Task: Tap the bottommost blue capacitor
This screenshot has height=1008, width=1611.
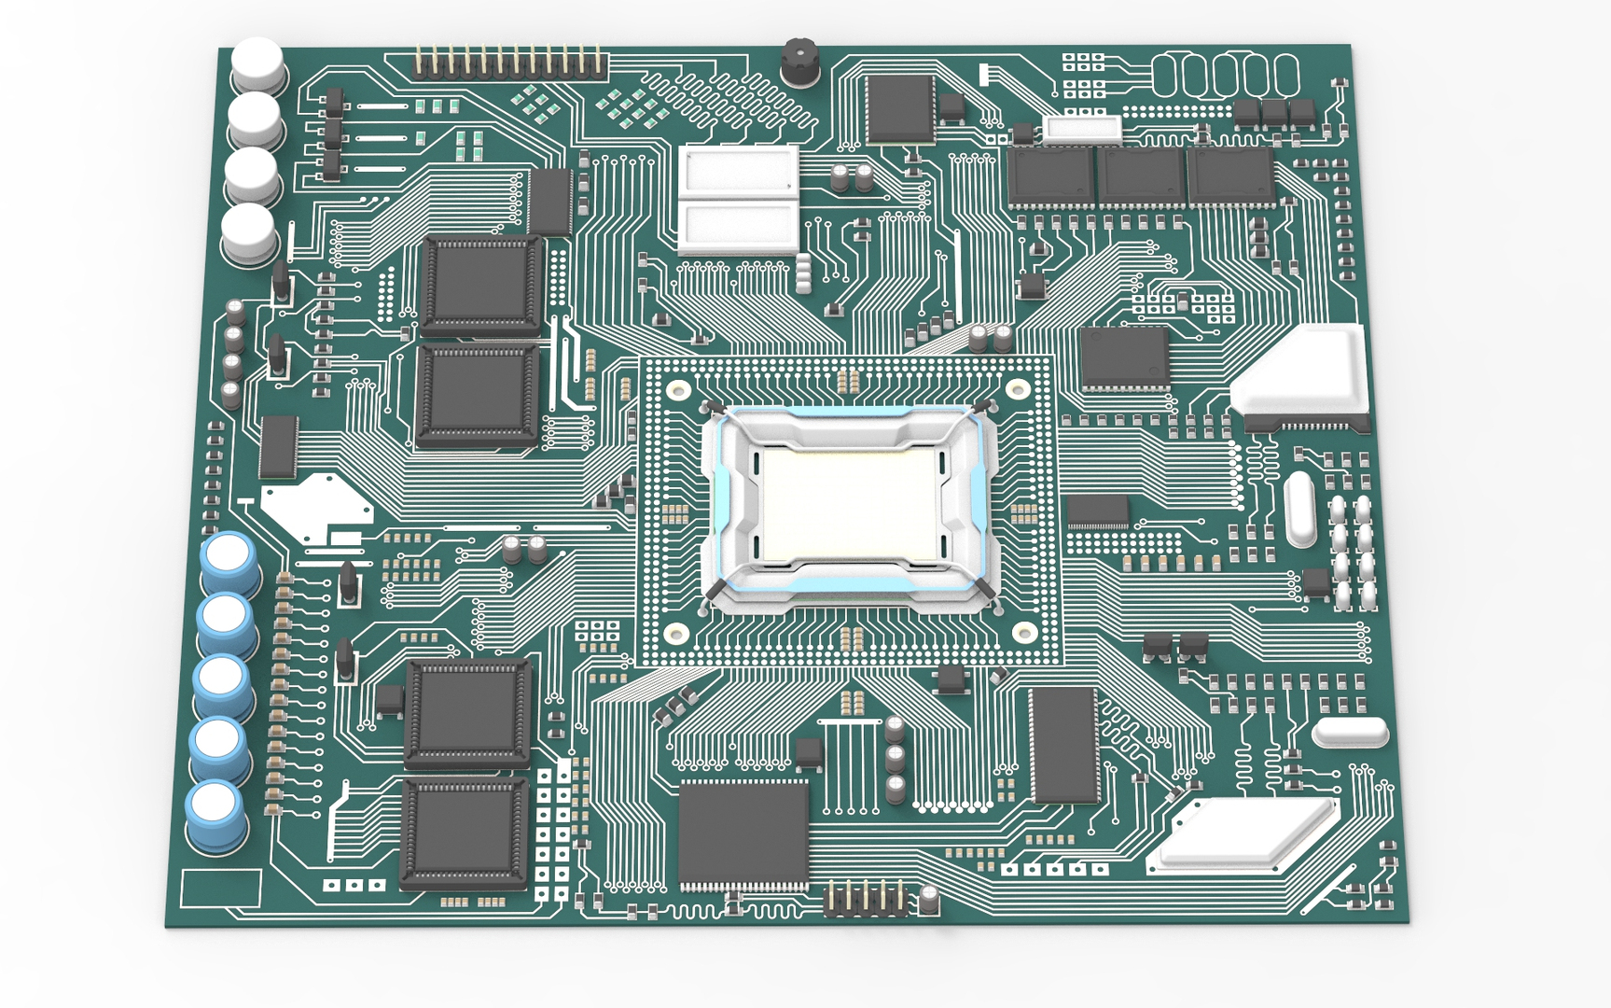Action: click(216, 815)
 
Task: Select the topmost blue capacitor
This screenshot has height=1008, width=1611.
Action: click(229, 561)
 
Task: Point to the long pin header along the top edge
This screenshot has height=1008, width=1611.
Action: click(509, 64)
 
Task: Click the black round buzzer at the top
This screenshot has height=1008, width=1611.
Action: click(799, 62)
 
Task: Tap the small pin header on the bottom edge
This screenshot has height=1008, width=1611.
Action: click(866, 900)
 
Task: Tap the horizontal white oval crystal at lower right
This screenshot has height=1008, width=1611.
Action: click(1350, 732)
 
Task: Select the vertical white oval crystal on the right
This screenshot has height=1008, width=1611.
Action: click(1299, 509)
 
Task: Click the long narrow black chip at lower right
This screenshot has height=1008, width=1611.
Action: click(1064, 745)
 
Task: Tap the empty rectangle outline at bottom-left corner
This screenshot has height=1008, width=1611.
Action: click(221, 888)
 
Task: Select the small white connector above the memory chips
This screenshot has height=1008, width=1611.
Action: click(1082, 128)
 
